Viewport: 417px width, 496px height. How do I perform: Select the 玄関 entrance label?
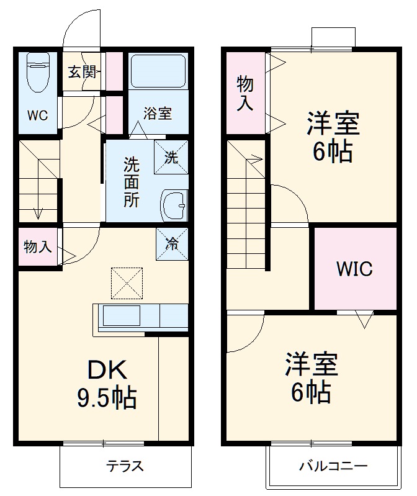[x=81, y=73]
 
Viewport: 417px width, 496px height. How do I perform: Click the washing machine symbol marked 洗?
[x=171, y=157]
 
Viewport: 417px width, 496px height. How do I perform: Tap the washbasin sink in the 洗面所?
[x=174, y=204]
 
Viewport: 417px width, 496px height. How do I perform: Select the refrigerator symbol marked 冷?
[x=171, y=243]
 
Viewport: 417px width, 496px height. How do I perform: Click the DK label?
[x=107, y=371]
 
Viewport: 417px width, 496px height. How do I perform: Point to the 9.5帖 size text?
[x=107, y=398]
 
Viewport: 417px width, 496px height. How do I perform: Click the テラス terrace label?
[x=124, y=466]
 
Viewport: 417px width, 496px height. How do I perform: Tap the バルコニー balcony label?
[x=334, y=466]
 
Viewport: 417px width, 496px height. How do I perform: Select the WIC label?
[x=354, y=269]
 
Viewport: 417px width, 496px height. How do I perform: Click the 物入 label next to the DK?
[x=37, y=247]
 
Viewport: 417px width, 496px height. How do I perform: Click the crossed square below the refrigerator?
[x=127, y=283]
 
